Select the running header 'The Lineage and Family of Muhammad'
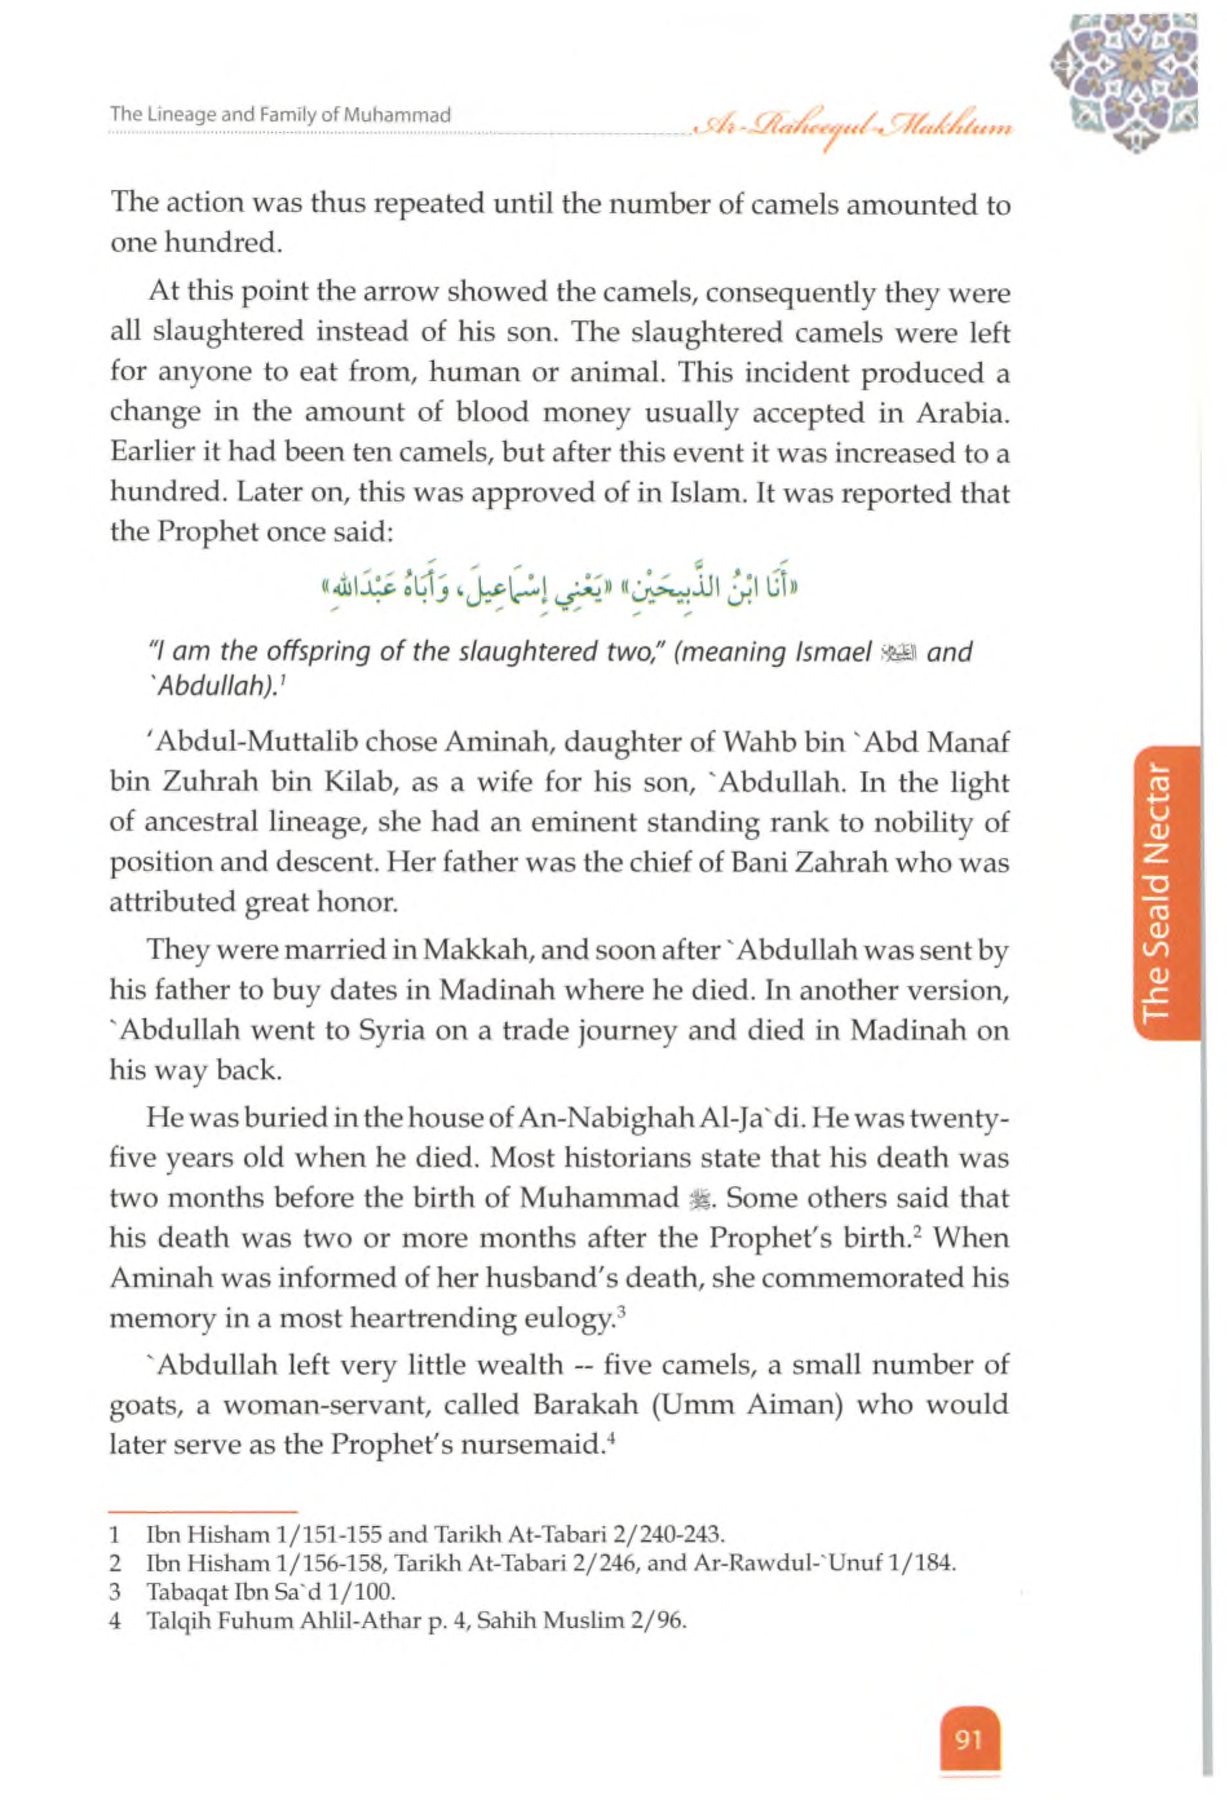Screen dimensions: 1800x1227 click(x=281, y=116)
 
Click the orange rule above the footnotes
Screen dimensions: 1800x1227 click(x=203, y=1511)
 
